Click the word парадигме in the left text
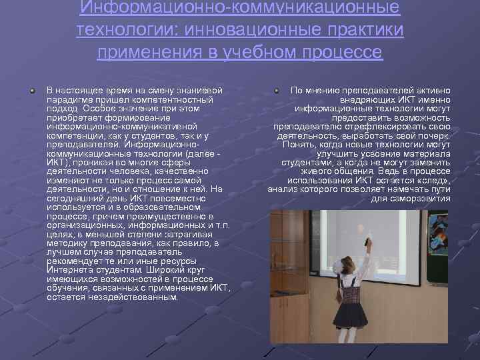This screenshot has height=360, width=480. point(69,99)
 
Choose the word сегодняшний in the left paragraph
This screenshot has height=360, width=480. point(75,199)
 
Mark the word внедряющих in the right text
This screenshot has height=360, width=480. point(364,99)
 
